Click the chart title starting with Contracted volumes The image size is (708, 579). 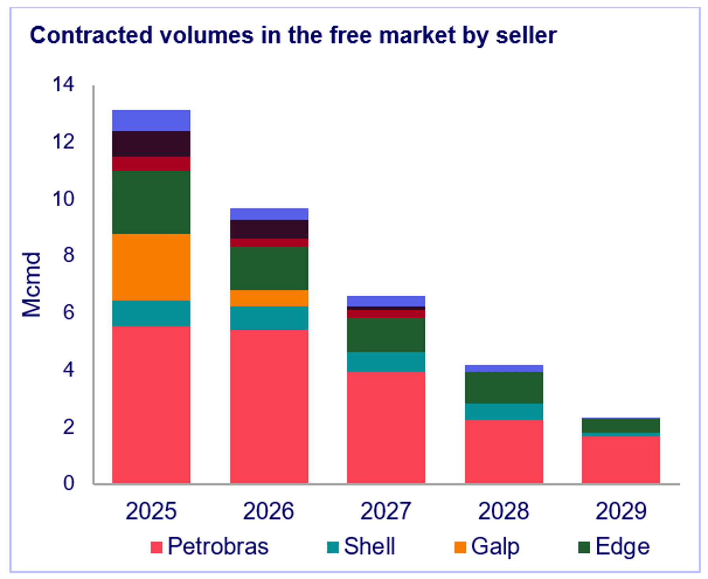pyautogui.click(x=293, y=35)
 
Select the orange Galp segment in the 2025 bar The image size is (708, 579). pyautogui.click(x=151, y=267)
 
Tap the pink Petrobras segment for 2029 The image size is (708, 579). pyautogui.click(x=621, y=460)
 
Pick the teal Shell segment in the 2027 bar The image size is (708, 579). pyautogui.click(x=386, y=362)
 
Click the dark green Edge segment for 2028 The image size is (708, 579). pyautogui.click(x=504, y=388)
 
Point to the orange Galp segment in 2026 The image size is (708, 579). pyautogui.click(x=269, y=298)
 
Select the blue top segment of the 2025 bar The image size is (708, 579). pyautogui.click(x=151, y=120)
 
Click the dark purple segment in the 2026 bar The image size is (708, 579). pyautogui.click(x=269, y=229)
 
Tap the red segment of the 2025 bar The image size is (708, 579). pyautogui.click(x=151, y=163)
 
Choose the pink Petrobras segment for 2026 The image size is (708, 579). pyautogui.click(x=269, y=406)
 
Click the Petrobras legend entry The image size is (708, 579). pyautogui.click(x=210, y=547)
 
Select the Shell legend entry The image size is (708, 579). pyautogui.click(x=361, y=547)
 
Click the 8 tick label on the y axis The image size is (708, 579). pyautogui.click(x=68, y=255)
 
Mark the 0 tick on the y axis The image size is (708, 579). pyautogui.click(x=68, y=483)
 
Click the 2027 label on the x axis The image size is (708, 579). pyautogui.click(x=386, y=511)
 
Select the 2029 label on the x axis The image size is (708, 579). pyautogui.click(x=621, y=511)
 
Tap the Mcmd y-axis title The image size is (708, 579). pyautogui.click(x=31, y=284)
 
